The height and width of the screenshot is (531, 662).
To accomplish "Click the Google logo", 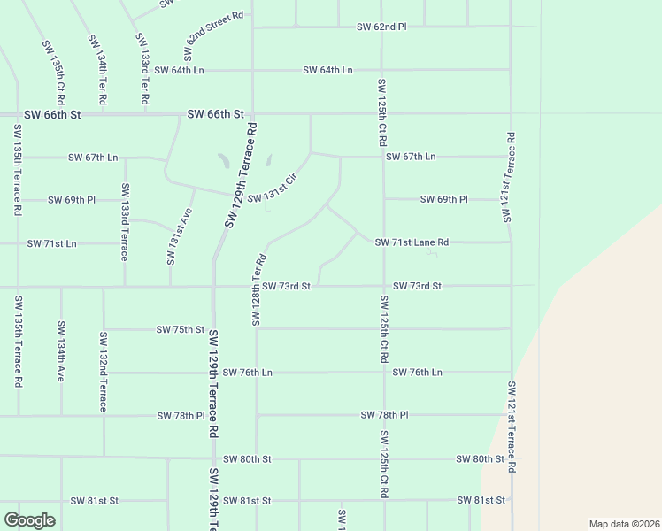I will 29,520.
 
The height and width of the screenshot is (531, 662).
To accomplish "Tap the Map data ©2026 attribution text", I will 624,524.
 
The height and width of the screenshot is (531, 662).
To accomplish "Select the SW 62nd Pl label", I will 381,27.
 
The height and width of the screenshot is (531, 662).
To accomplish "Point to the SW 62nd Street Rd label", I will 214,29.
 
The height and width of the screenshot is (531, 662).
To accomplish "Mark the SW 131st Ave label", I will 180,236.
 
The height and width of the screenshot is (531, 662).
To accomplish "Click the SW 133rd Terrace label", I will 125,221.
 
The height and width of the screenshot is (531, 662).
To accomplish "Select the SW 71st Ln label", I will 51,242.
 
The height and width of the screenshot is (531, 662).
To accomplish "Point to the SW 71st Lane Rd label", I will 412,242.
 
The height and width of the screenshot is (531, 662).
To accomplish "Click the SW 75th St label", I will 181,329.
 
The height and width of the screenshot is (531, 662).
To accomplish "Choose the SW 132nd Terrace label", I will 103,371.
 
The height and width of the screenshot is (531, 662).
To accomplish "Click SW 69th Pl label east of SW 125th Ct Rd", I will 443,199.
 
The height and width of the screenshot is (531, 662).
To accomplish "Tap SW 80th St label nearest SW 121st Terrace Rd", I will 480,459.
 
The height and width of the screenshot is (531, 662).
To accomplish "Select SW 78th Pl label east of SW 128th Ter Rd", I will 384,414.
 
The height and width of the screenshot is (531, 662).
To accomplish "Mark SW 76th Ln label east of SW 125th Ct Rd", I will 417,373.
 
